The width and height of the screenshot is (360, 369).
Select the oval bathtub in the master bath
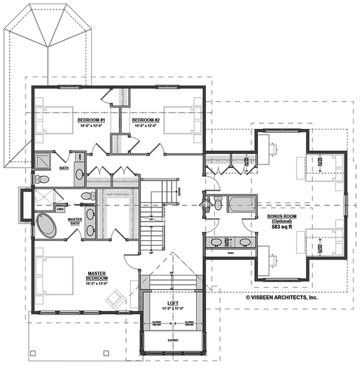45,225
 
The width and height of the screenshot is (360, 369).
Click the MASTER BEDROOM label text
100,276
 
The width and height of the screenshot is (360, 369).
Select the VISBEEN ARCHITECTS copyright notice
281,298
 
